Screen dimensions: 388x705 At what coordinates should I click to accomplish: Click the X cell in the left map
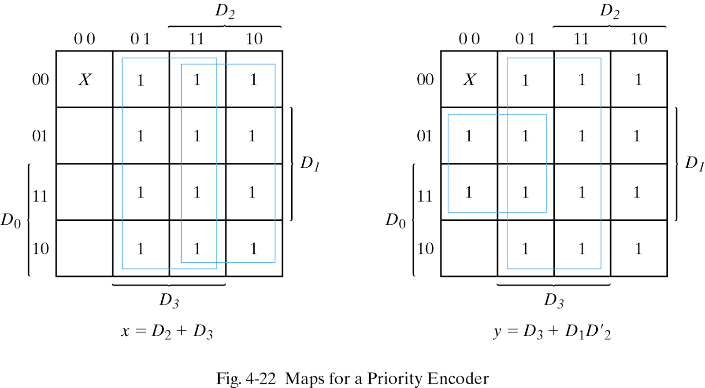pyautogui.click(x=85, y=80)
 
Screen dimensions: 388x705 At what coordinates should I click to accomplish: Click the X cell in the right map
pyautogui.click(x=469, y=80)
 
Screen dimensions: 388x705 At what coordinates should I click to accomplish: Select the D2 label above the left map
pyautogui.click(x=225, y=11)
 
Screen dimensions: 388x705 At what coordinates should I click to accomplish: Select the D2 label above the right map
pyautogui.click(x=609, y=11)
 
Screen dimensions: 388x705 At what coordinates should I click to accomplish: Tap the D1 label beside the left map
pyautogui.click(x=310, y=163)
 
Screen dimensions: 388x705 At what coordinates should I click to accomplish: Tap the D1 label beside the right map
pyautogui.click(x=694, y=163)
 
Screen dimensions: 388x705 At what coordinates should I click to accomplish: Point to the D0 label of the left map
pyautogui.click(x=11, y=220)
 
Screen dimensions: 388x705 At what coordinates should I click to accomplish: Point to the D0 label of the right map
pyautogui.click(x=396, y=220)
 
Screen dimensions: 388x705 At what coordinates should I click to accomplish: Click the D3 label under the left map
pyautogui.click(x=169, y=300)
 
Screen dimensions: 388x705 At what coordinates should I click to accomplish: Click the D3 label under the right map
pyautogui.click(x=554, y=300)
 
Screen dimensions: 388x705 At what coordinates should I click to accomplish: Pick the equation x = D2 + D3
pyautogui.click(x=167, y=331)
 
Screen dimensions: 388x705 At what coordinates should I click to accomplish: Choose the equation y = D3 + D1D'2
pyautogui.click(x=552, y=331)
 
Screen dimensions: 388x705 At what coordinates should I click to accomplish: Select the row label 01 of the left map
pyautogui.click(x=40, y=135)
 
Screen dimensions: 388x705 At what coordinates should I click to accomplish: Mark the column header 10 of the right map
pyautogui.click(x=638, y=39)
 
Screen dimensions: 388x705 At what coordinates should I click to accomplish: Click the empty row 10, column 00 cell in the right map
pyautogui.click(x=469, y=249)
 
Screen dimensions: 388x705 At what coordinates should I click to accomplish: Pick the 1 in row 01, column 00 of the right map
pyautogui.click(x=469, y=136)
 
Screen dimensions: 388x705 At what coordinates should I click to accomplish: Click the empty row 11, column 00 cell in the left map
pyautogui.click(x=85, y=192)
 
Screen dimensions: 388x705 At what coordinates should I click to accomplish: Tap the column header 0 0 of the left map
pyautogui.click(x=85, y=39)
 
